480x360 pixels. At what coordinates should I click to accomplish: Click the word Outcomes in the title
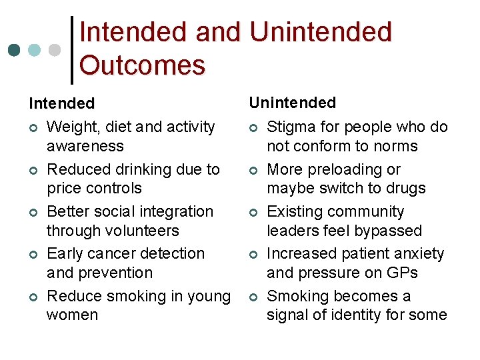[x=142, y=65]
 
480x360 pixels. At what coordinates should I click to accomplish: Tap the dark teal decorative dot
[x=13, y=50]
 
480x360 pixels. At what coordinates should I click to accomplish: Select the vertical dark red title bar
[x=72, y=50]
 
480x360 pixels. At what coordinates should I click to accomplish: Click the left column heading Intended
[x=61, y=103]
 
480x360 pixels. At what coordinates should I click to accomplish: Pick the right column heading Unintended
[x=292, y=103]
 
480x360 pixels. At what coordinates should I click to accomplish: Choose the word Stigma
[x=290, y=127]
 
